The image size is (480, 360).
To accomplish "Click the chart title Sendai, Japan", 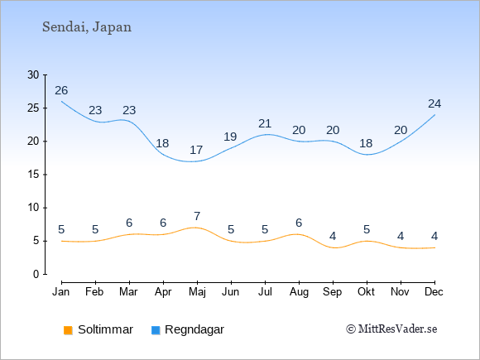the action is [87, 27].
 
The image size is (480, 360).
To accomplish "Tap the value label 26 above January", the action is [61, 90].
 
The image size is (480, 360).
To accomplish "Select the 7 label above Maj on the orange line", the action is [197, 216].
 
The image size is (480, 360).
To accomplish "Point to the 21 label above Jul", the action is [265, 123].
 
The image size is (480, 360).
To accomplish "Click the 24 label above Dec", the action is [434, 103].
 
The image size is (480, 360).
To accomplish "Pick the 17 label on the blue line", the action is [196, 150].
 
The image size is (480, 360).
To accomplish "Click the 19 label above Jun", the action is [230, 137].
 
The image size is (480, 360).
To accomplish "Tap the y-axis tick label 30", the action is [33, 74].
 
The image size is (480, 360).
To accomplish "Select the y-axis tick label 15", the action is [33, 175].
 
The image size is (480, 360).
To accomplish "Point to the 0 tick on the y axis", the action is [36, 274].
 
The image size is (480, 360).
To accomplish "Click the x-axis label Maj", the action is [197, 292].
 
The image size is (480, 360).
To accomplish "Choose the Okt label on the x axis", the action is [366, 292].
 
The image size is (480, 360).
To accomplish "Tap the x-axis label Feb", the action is [94, 292].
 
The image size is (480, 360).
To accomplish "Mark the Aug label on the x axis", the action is [299, 292].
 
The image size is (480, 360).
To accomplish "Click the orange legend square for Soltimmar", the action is [68, 330].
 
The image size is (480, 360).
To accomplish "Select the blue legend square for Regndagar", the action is [156, 330].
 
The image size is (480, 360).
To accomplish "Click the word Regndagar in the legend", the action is [194, 329].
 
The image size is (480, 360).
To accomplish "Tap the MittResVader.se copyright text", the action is [391, 329].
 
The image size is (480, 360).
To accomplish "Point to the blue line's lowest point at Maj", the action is [193, 161].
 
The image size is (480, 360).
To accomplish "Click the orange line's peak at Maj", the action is [196, 228].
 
